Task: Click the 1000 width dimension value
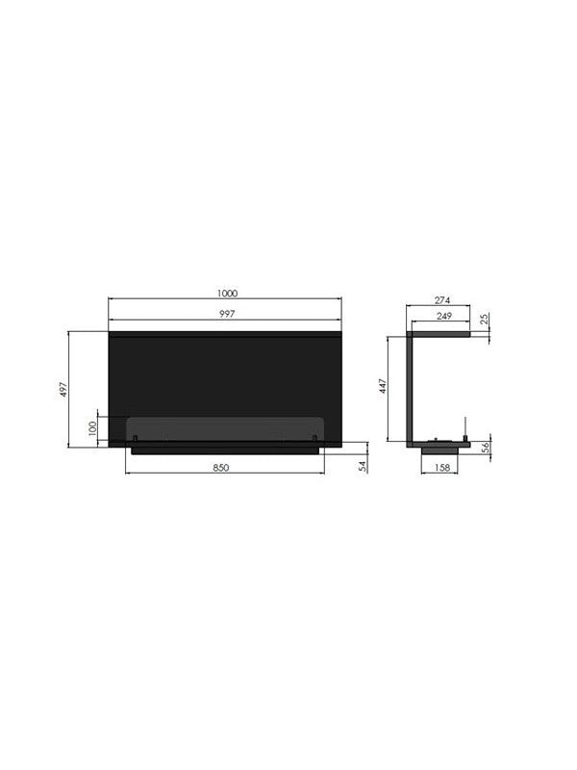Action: click(x=227, y=294)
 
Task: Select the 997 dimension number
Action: click(x=227, y=315)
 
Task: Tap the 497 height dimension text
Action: click(x=63, y=390)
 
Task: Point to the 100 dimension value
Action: click(x=93, y=428)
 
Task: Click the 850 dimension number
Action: click(x=221, y=468)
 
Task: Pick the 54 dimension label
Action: click(x=364, y=467)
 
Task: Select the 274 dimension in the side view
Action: click(x=442, y=300)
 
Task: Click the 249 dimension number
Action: click(x=444, y=317)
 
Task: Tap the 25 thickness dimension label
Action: click(x=485, y=320)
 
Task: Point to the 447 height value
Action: click(x=383, y=386)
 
